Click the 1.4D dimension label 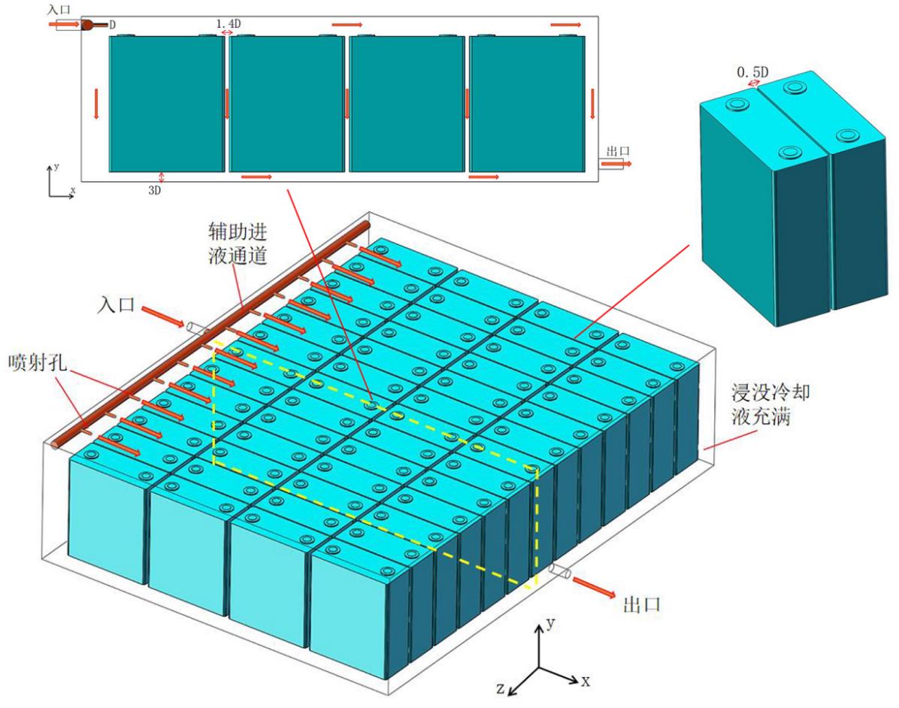coord(229,23)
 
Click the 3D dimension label coord(155,190)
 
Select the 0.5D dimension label coord(752,72)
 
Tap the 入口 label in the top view coord(59,10)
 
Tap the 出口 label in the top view coord(618,151)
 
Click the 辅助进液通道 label coord(238,244)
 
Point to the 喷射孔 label coord(38,362)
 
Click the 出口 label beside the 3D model coord(642,604)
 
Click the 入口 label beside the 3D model coord(116,304)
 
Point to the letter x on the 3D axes coord(586,681)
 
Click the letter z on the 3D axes coord(501,688)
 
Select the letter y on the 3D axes coord(551,622)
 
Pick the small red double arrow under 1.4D coord(227,32)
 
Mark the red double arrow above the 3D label coord(161,177)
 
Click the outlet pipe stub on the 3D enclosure coord(559,571)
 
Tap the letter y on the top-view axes coord(56,167)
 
